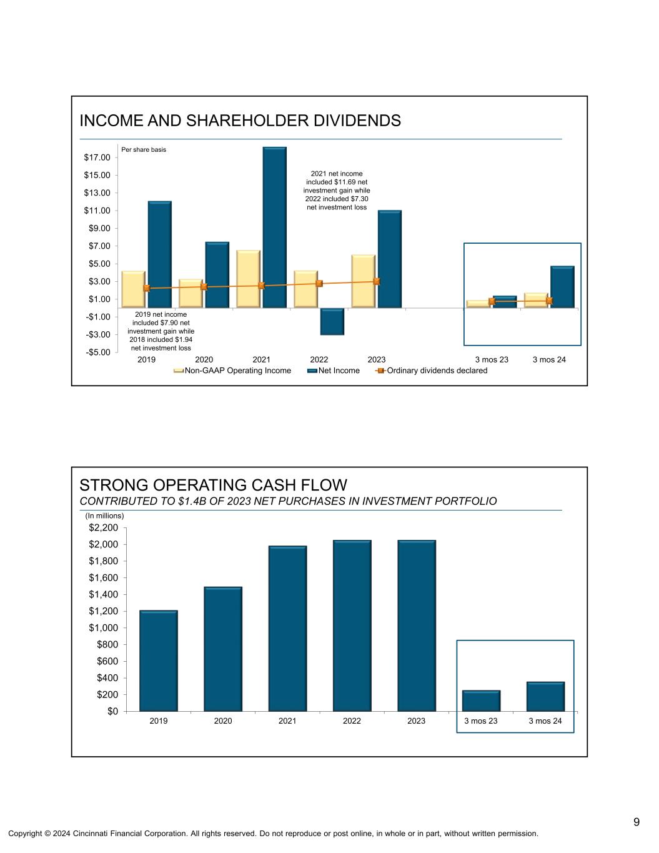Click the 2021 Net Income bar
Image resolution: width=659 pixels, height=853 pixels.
[274, 227]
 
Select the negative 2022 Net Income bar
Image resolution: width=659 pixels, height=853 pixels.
[332, 321]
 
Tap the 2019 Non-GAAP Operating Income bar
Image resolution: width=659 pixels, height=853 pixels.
[134, 289]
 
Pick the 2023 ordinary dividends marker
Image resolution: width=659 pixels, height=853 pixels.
[377, 281]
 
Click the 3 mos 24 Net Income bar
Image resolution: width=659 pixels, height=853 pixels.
[562, 287]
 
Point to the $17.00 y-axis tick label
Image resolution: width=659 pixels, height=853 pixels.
[97, 157]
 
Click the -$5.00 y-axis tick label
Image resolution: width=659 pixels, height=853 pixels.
[97, 352]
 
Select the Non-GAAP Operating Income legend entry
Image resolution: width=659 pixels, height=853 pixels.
[238, 371]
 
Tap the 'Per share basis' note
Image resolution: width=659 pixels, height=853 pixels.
[144, 150]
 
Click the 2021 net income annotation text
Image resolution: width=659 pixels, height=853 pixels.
[337, 190]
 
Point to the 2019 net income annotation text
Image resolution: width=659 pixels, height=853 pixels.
[161, 331]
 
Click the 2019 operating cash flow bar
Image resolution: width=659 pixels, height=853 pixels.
[159, 661]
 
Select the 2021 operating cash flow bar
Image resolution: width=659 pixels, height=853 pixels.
[287, 628]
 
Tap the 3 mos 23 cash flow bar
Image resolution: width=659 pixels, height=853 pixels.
[481, 701]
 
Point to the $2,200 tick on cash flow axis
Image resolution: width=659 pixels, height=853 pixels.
[103, 528]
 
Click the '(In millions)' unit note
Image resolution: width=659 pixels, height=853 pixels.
[105, 516]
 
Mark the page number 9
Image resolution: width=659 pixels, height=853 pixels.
[637, 822]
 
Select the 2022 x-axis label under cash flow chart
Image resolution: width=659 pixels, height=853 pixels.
[352, 721]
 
